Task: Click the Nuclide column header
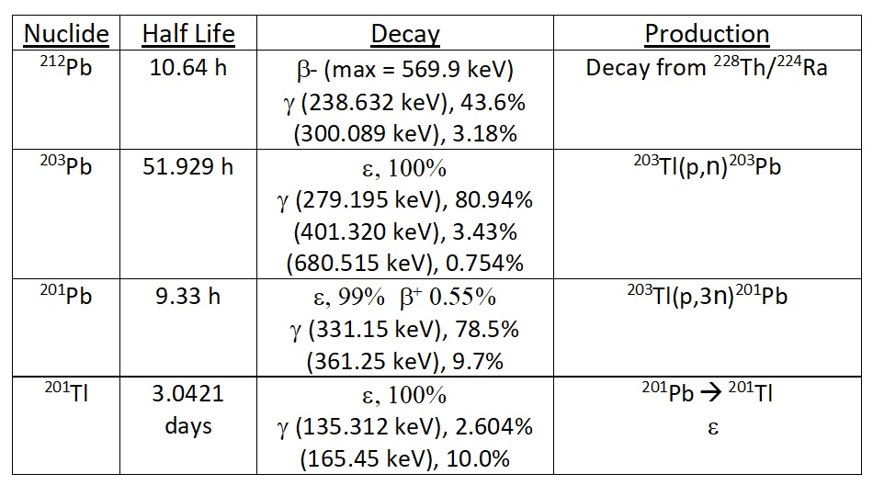pyautogui.click(x=66, y=35)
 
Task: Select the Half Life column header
pyautogui.click(x=188, y=35)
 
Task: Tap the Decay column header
pyautogui.click(x=405, y=35)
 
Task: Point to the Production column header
pyautogui.click(x=707, y=35)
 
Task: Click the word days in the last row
pyautogui.click(x=188, y=427)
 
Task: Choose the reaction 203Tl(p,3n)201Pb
pyautogui.click(x=707, y=299)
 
